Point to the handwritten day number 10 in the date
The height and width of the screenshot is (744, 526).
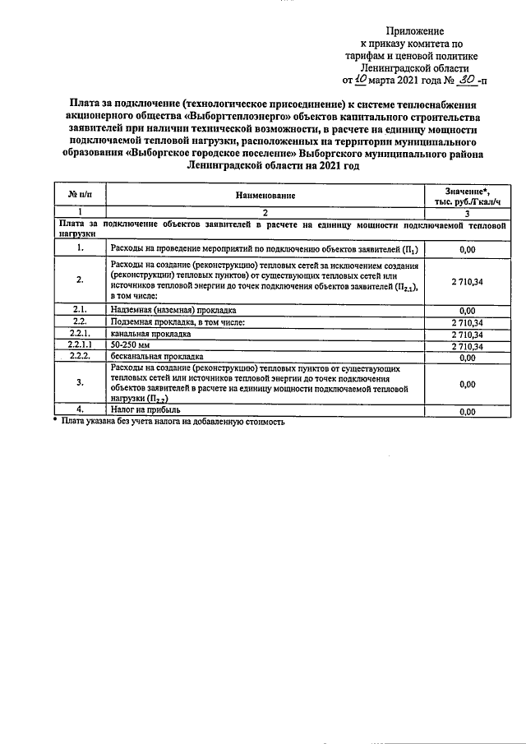(362, 81)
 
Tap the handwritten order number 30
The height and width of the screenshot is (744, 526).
(465, 80)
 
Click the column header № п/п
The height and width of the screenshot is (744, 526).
(80, 195)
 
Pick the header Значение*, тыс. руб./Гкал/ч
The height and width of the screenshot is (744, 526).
(467, 196)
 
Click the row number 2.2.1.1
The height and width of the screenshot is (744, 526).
(80, 346)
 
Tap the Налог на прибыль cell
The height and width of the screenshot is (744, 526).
(145, 409)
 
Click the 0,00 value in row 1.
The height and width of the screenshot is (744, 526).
(467, 247)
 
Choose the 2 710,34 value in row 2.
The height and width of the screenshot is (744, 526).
(467, 281)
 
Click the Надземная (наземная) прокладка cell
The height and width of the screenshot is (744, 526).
(173, 310)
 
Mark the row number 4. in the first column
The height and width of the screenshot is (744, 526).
(80, 409)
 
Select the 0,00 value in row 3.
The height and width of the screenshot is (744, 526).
(467, 384)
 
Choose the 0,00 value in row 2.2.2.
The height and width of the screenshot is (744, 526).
(467, 358)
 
